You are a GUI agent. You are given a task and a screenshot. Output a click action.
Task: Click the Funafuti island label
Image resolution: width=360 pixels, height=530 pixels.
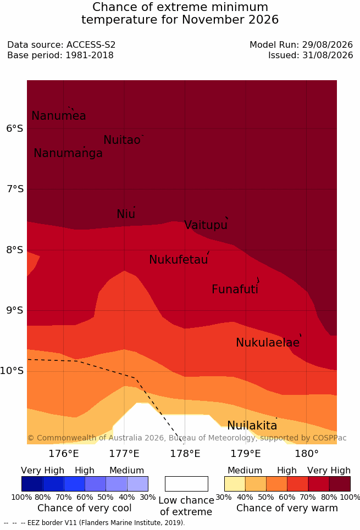[235, 289]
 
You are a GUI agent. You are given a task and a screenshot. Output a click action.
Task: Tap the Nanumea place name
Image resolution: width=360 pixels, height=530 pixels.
[58, 115]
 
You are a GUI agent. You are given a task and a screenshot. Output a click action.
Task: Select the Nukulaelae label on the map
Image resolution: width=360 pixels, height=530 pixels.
[268, 342]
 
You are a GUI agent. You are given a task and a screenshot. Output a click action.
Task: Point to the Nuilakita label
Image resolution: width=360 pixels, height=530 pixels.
[252, 425]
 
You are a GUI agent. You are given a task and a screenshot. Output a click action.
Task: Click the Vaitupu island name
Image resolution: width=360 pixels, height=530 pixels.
[206, 225]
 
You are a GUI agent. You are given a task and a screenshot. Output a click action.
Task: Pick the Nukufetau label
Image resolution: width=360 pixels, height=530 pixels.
[178, 260]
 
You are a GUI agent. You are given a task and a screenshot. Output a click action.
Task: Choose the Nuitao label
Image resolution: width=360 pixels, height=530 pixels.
[122, 140]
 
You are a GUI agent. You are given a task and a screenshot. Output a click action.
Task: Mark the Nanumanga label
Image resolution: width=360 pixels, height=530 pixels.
[68, 153]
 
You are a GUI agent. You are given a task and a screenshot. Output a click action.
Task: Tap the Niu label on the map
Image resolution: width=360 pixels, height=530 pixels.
[126, 214]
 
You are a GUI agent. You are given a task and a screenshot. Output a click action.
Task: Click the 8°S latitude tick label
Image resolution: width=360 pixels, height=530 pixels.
[15, 250]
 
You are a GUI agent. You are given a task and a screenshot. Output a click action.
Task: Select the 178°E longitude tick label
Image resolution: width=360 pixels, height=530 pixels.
[185, 453]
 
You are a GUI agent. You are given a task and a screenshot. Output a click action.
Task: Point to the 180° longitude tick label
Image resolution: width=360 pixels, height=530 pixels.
[307, 453]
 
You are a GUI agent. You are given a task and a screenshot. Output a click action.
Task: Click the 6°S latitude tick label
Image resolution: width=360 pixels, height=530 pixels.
[15, 129]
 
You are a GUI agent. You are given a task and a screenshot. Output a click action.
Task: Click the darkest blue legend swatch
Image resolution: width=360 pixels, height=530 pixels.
[32, 484]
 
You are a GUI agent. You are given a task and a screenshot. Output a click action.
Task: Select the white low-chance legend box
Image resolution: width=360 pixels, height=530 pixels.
[186, 484]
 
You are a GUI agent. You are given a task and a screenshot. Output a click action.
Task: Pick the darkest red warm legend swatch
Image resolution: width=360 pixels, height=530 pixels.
[340, 484]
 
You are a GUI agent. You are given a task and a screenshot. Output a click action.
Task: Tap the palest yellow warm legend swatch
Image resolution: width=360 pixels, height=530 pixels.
[235, 484]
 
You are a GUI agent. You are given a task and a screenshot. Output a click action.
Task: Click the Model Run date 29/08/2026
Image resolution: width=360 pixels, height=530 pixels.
[328, 44]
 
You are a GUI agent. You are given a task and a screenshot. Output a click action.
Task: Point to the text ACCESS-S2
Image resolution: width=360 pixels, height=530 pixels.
[91, 44]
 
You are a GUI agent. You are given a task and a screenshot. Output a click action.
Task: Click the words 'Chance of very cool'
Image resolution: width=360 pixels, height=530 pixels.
[85, 508]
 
